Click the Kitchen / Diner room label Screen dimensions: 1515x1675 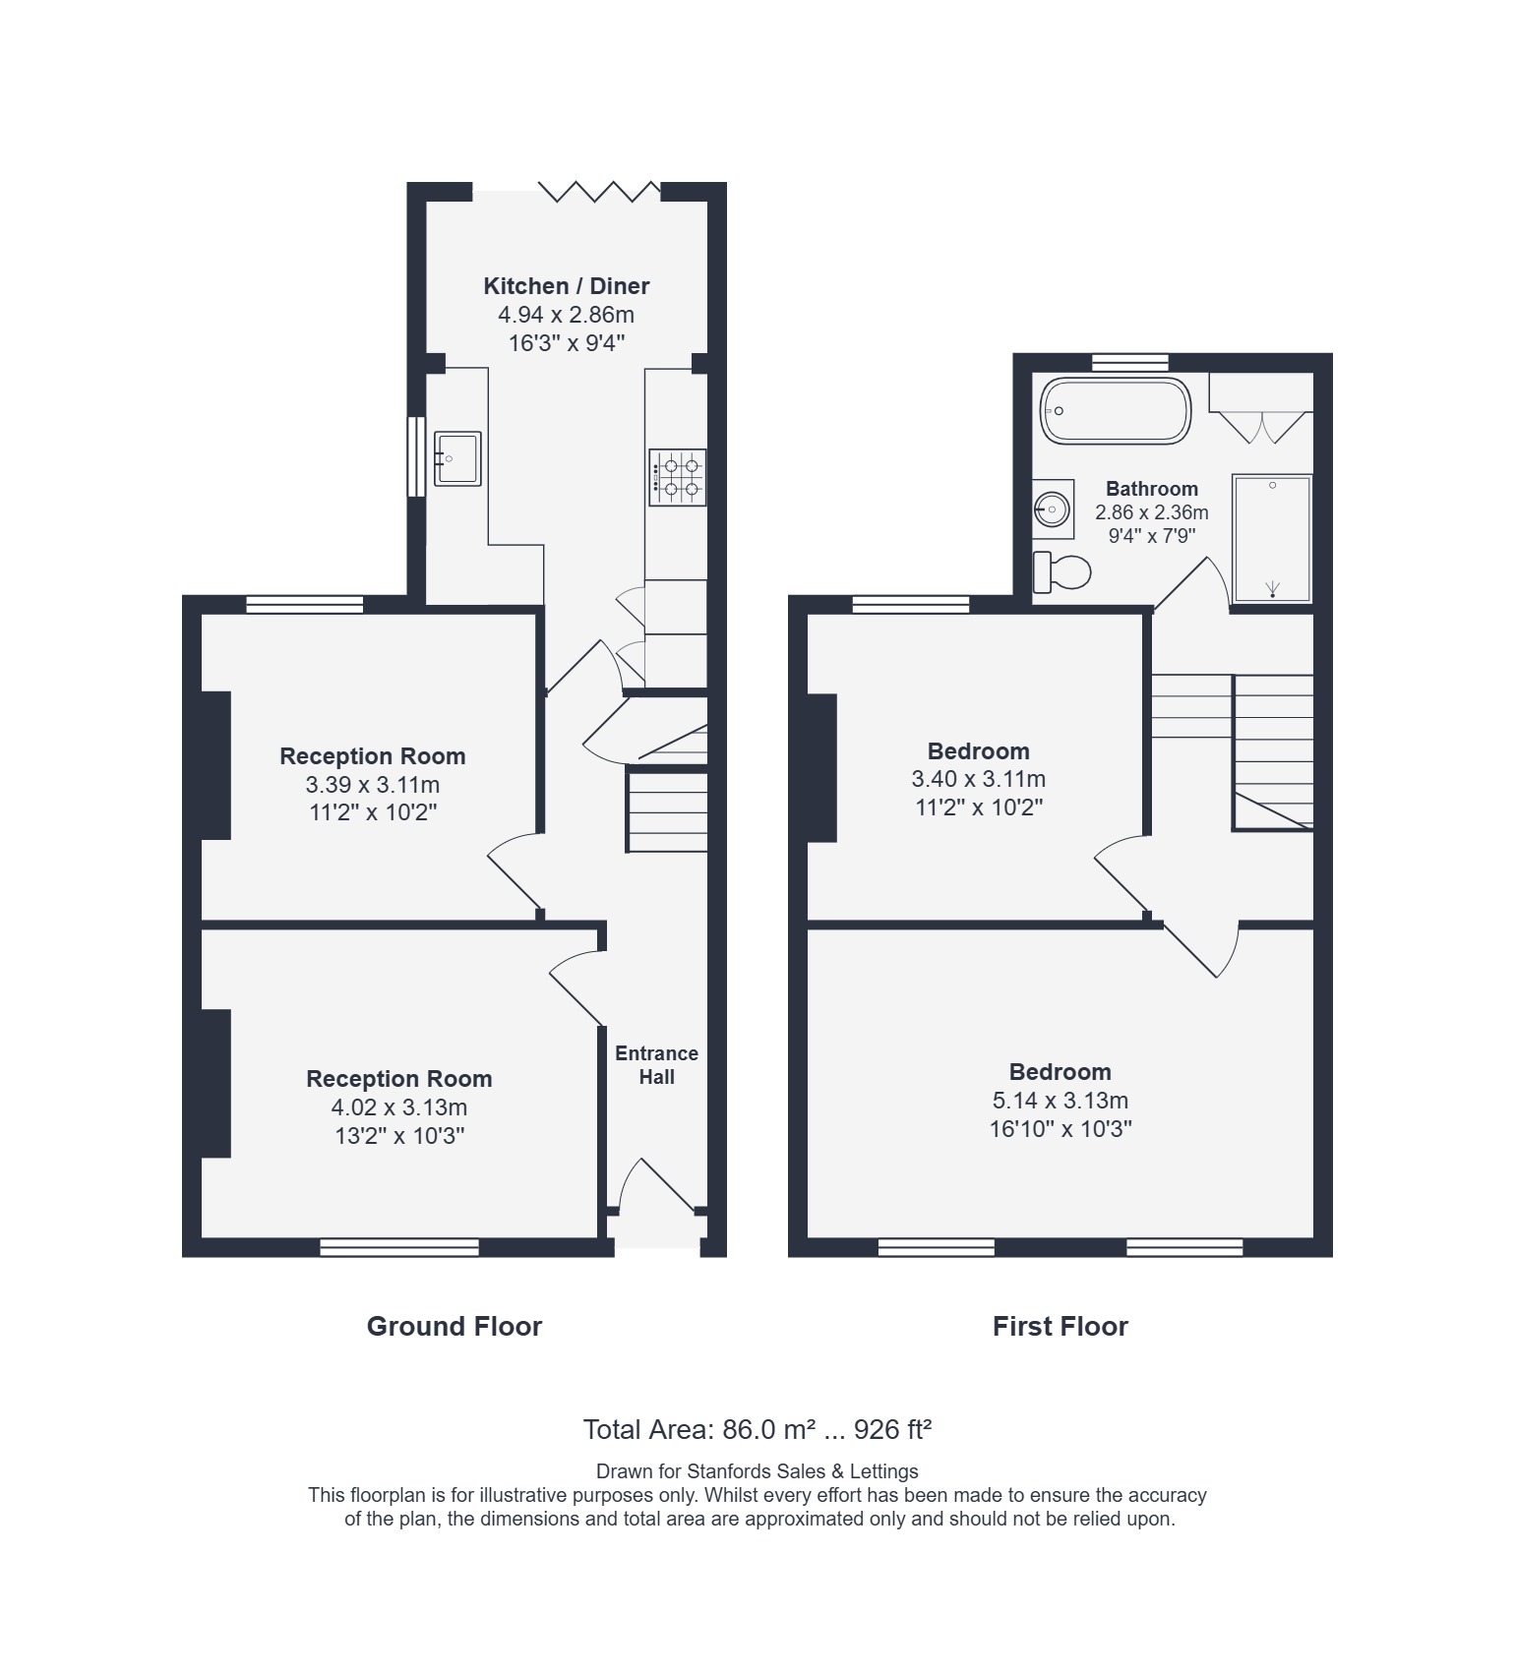[x=566, y=286]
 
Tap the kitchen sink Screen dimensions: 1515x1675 [x=457, y=458]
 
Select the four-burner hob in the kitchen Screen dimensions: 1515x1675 [x=677, y=477]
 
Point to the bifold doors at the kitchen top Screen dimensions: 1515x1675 [x=599, y=191]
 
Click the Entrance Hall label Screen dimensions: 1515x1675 [x=656, y=1065]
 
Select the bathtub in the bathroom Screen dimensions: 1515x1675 [x=1116, y=410]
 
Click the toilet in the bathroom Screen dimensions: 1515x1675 [x=1062, y=571]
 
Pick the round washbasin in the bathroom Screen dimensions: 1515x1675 [x=1053, y=509]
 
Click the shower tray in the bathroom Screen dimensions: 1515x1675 [x=1272, y=538]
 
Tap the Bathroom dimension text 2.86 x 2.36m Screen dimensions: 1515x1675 [x=1152, y=512]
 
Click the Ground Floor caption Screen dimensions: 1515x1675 [x=454, y=1327]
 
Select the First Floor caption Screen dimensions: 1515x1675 [x=1060, y=1327]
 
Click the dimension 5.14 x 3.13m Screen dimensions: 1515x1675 [x=1060, y=1101]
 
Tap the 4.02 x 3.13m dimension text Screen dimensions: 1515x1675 [x=399, y=1107]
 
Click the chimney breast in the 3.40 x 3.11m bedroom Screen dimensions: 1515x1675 [x=821, y=768]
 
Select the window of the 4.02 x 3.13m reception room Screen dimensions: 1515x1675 [x=399, y=1247]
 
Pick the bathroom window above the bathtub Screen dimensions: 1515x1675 [x=1130, y=362]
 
